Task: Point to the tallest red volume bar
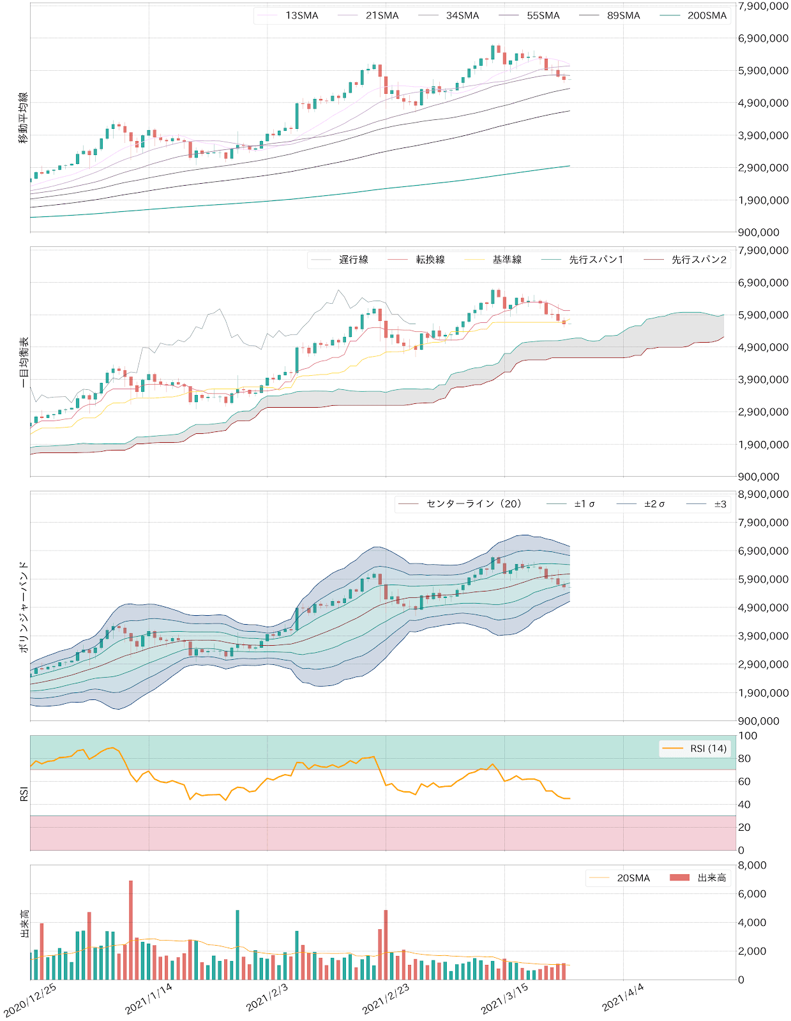pyautogui.click(x=131, y=930)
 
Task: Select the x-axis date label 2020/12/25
pyautogui.click(x=30, y=999)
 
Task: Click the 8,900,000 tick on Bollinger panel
pyautogui.click(x=763, y=494)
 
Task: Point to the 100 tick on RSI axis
pyautogui.click(x=748, y=736)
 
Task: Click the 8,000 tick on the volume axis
pyautogui.click(x=752, y=865)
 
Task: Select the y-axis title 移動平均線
pyautogui.click(x=24, y=117)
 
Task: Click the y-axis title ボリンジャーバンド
pyautogui.click(x=24, y=606)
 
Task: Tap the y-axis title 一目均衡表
pyautogui.click(x=24, y=362)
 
